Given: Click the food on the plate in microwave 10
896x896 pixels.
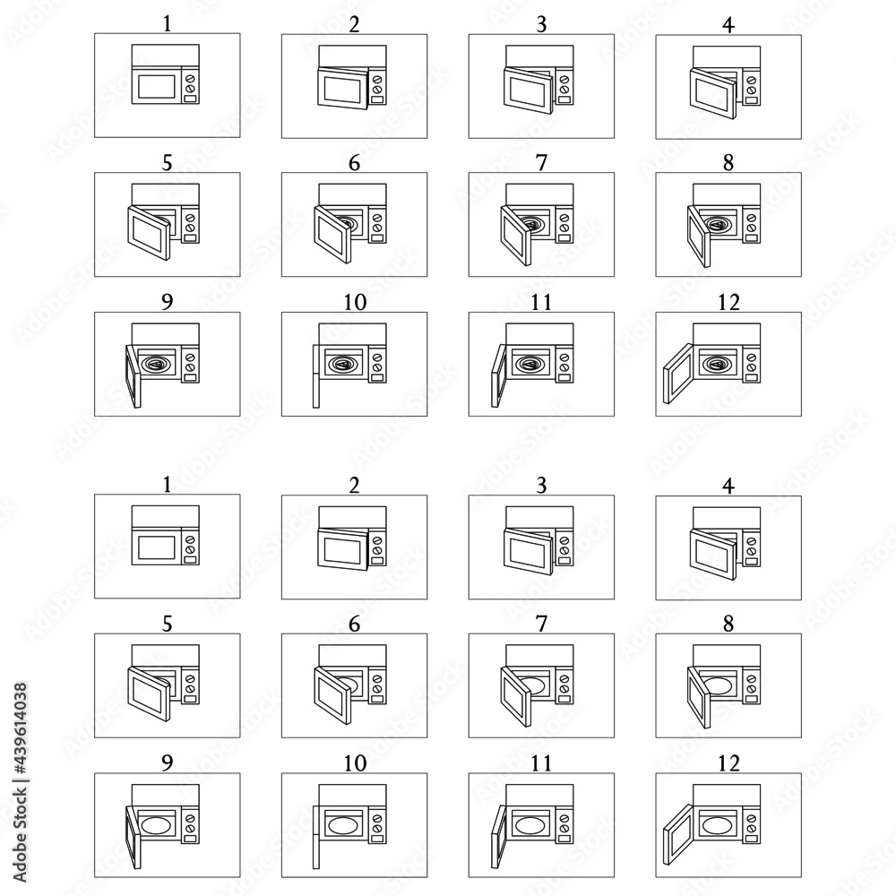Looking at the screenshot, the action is click(x=343, y=364).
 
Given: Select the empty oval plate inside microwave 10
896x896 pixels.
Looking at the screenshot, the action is click(x=343, y=826).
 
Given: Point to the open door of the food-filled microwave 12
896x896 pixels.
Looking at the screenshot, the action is click(x=678, y=374).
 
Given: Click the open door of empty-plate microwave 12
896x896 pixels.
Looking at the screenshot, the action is click(x=678, y=835).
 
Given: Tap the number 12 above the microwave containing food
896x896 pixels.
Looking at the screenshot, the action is click(x=728, y=302).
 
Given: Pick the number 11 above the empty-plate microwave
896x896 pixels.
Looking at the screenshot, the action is click(x=541, y=762).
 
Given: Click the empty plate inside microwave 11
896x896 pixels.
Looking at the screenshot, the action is click(x=530, y=826).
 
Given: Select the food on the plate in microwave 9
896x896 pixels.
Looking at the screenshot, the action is click(x=156, y=364).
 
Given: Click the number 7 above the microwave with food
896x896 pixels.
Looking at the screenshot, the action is click(x=541, y=163).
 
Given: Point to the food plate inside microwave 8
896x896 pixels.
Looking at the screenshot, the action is click(x=718, y=224).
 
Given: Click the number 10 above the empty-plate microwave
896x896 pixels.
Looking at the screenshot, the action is click(x=355, y=762).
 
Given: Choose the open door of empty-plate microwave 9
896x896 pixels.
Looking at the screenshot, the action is click(x=134, y=837).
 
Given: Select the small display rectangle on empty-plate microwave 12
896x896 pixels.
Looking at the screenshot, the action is click(x=752, y=839).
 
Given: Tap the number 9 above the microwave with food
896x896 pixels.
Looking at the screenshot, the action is click(x=167, y=302).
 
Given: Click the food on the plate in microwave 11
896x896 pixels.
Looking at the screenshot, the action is click(x=530, y=364).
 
